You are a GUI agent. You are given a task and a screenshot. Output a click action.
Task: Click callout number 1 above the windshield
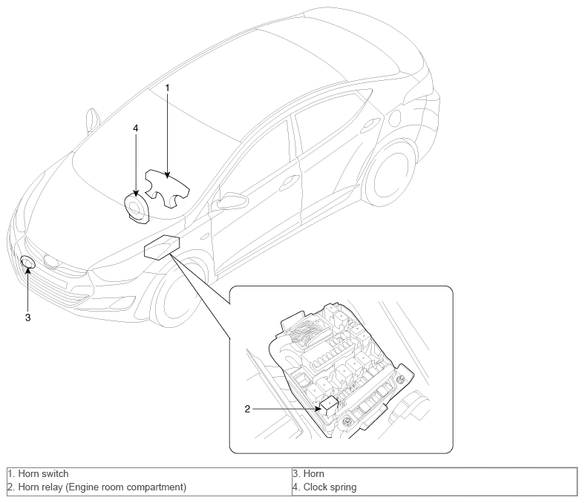tap(168, 88)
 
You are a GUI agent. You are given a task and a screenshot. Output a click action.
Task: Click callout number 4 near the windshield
tap(135, 128)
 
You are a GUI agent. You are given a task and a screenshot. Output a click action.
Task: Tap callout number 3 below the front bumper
tap(28, 318)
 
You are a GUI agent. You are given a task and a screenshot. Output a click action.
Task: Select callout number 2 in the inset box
tap(247, 409)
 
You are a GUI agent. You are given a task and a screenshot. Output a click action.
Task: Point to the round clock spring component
tap(137, 207)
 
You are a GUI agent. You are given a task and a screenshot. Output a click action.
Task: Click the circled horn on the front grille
tap(27, 262)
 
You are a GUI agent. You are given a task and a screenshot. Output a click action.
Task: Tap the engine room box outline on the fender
tap(163, 247)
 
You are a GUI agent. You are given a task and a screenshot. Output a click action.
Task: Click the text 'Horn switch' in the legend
tap(43, 474)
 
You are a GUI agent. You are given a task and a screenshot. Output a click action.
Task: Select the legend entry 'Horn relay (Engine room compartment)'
tap(97, 487)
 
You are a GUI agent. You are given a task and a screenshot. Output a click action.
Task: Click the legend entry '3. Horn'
tap(308, 474)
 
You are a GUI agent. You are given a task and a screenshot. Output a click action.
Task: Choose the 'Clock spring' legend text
tap(330, 487)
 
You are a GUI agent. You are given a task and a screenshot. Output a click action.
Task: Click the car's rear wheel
tap(390, 174)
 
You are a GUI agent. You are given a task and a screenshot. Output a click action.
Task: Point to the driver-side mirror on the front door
tap(229, 201)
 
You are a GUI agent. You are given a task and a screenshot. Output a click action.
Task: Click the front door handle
tap(288, 182)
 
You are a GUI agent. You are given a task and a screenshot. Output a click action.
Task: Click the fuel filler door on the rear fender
tap(394, 119)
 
